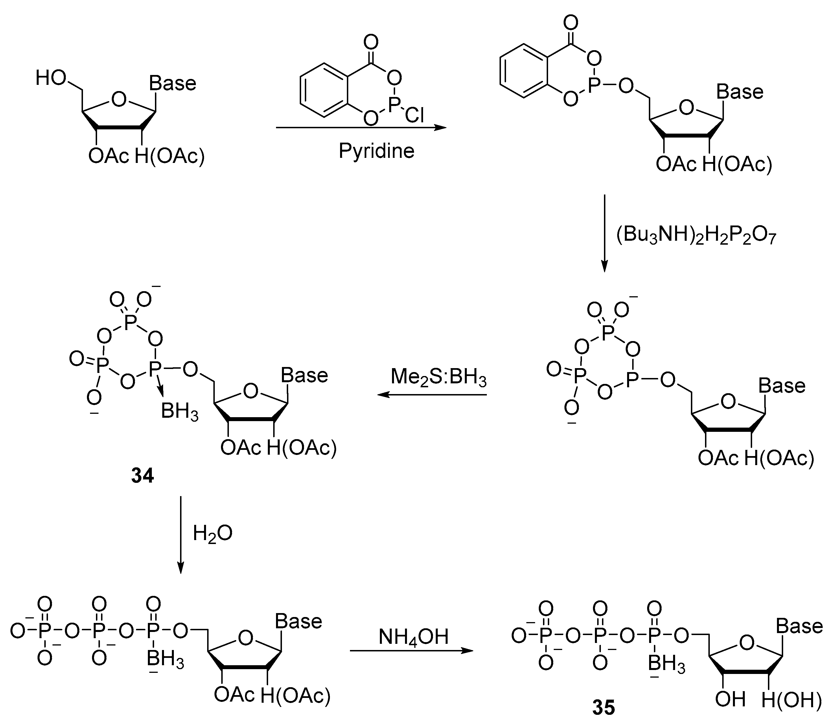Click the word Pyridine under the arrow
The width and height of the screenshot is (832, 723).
376,151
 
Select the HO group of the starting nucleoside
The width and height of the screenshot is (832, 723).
51,78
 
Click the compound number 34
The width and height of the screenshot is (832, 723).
142,476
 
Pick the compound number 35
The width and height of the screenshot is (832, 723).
604,707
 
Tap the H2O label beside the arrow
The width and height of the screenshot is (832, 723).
213,533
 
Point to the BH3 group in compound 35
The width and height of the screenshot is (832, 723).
667,664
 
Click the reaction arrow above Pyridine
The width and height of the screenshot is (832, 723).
361,128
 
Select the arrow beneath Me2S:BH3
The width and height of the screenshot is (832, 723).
432,395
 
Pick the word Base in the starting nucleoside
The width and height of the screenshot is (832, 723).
172,83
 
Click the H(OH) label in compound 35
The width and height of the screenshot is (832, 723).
791,700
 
